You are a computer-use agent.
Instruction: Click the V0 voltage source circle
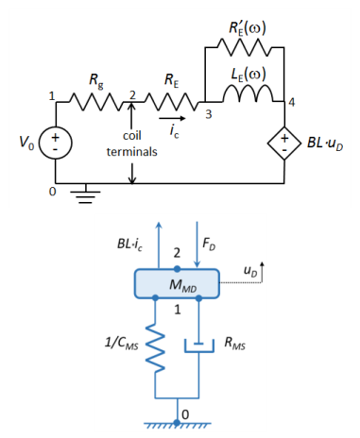55,143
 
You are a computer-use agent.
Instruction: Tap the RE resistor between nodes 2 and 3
172,102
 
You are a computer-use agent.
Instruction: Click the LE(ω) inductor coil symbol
249,93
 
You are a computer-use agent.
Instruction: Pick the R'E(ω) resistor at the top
245,47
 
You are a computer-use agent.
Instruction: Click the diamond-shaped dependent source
284,143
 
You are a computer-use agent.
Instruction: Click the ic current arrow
172,118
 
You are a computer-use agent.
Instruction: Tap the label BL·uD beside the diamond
325,143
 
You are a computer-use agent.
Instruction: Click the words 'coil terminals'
131,143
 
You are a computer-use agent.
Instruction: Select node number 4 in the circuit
292,102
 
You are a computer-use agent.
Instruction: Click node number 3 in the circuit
208,114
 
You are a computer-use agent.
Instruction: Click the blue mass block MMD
177,283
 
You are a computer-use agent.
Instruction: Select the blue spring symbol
155,347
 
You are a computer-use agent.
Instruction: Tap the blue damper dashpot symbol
199,345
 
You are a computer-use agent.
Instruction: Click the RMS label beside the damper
234,343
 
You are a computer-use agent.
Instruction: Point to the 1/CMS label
121,343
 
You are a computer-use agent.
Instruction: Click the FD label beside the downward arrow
209,244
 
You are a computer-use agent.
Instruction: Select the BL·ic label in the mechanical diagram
129,244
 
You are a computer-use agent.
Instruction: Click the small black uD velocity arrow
262,272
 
